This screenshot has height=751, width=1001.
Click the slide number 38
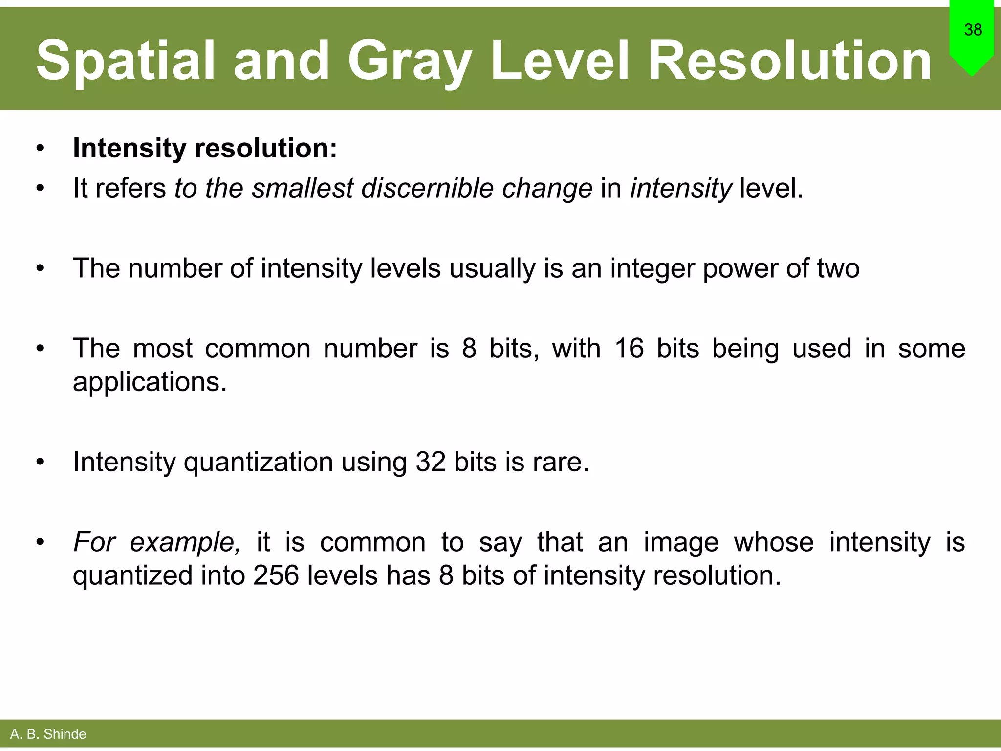pos(973,30)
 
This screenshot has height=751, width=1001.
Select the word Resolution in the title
pos(789,61)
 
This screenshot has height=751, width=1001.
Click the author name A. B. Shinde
pos(48,734)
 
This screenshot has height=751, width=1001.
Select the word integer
pos(652,269)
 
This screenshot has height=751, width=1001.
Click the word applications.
pos(150,382)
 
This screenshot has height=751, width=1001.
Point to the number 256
pos(276,575)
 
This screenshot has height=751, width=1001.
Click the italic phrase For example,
pos(157,543)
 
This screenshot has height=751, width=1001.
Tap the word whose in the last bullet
pos(774,542)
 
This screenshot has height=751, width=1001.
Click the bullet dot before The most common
pos(40,349)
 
